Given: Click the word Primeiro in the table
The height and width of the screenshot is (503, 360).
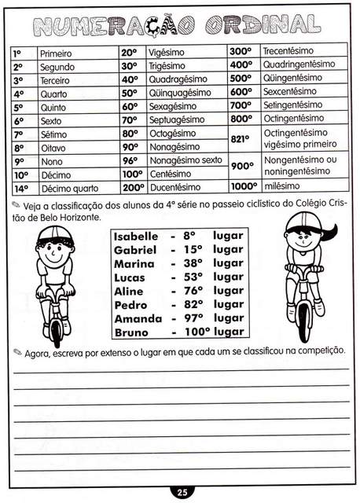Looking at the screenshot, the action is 55,53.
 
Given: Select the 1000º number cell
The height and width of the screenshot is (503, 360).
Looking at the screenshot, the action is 244,186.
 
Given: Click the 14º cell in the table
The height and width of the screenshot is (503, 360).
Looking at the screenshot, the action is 21,189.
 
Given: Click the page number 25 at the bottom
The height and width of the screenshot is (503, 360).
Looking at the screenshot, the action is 181,493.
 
